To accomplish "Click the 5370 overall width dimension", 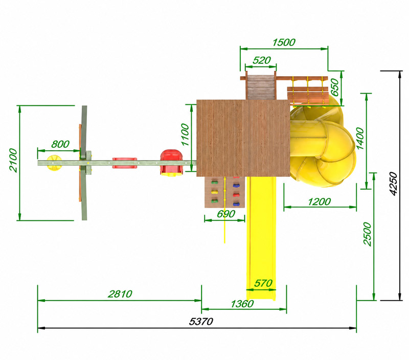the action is point(201,322).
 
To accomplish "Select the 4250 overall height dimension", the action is point(393,184).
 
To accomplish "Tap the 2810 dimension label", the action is point(120,294).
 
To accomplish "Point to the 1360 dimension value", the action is point(242,304).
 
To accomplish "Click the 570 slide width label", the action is point(263,283).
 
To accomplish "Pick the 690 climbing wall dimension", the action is point(226,214).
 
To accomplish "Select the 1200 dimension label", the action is point(319,201).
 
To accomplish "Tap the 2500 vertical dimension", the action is point(367,234).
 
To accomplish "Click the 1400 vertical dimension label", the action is point(360,138).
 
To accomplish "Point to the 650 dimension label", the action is point(334,87).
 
